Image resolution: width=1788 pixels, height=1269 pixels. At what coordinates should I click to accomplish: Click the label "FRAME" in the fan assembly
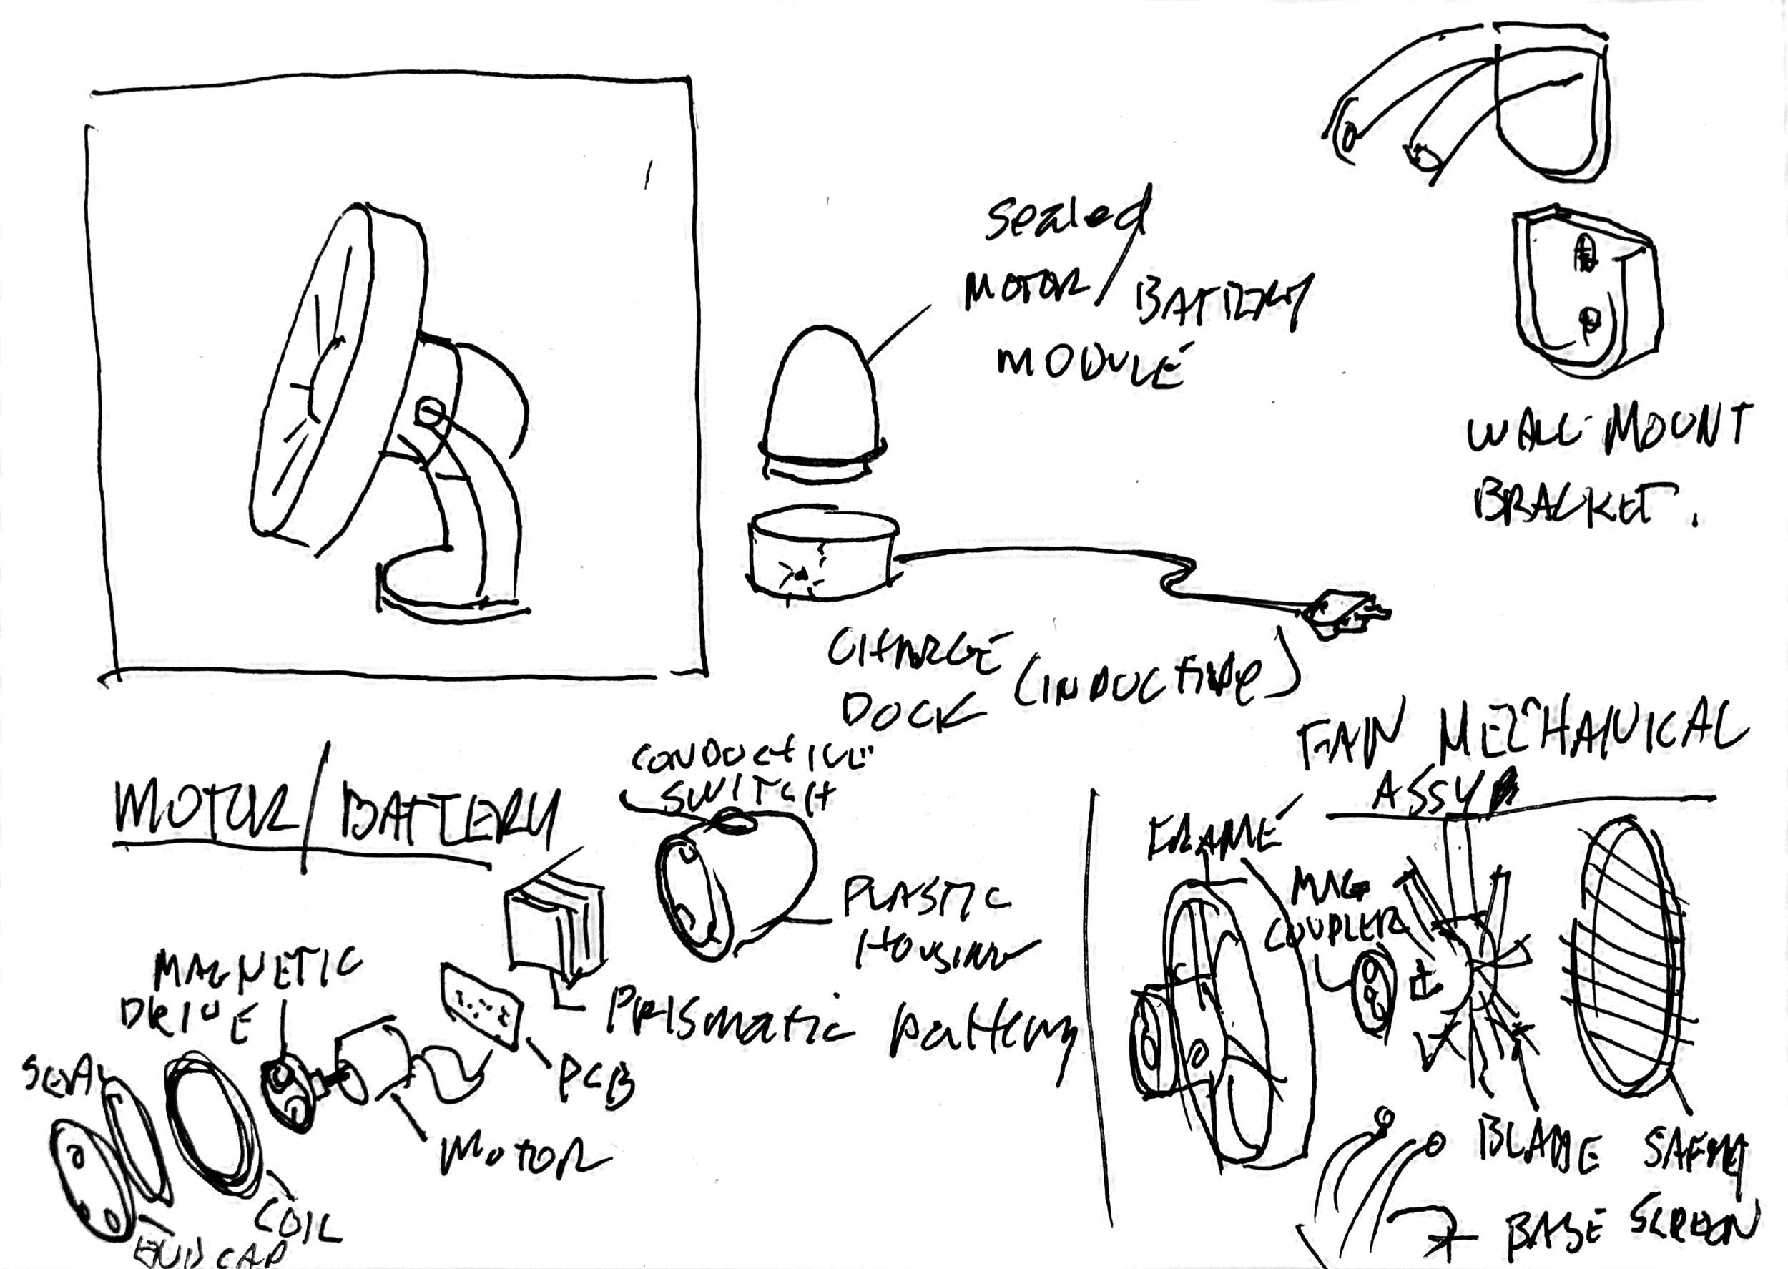(x=1214, y=837)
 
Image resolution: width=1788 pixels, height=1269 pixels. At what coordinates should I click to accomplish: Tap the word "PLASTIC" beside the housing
(x=925, y=898)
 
